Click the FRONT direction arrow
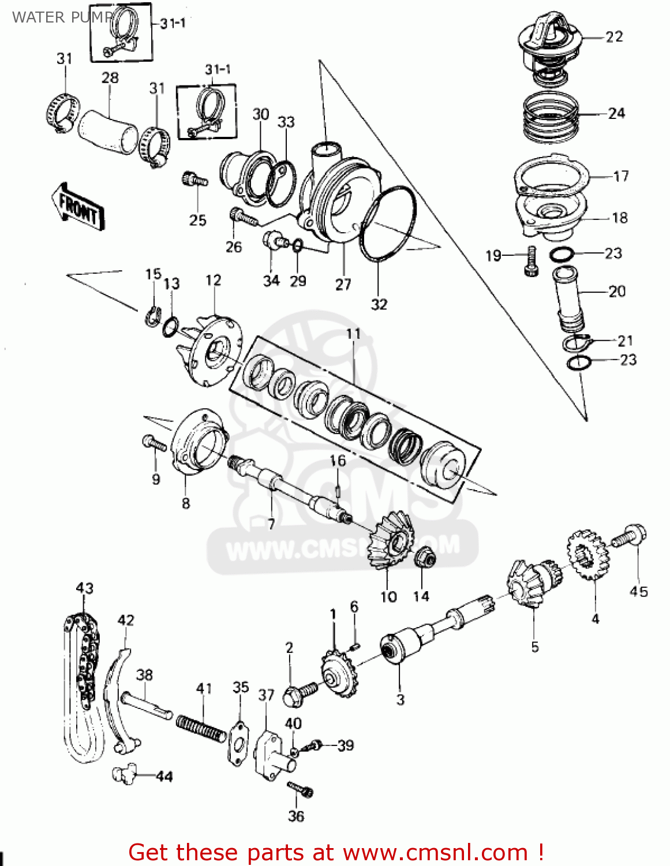point(78,207)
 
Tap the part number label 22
point(614,36)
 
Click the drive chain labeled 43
point(81,687)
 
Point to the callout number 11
point(353,334)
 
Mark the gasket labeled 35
point(238,742)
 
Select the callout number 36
point(295,816)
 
